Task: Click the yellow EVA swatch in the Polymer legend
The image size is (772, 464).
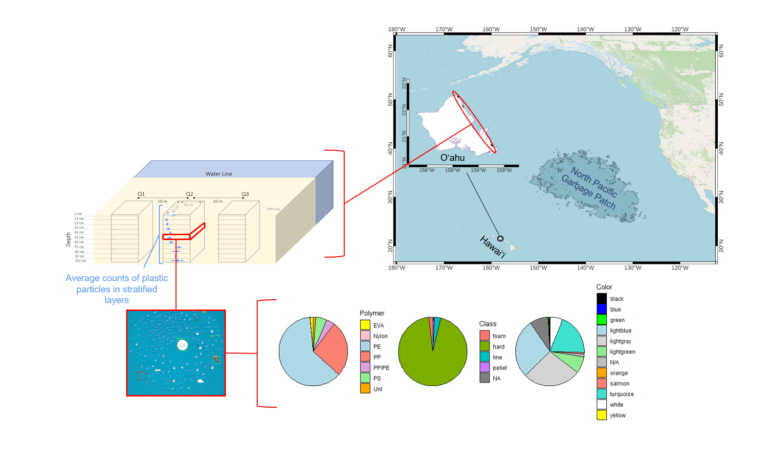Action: coord(365,325)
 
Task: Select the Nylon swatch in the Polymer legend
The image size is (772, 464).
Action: coord(365,335)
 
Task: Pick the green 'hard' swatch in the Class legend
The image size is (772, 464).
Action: coord(485,346)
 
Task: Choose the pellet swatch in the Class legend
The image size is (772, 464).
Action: coord(485,367)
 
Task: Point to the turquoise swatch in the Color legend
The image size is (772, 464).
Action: coord(601,394)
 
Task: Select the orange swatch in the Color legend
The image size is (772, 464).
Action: coord(601,373)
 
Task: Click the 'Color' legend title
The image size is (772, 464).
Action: coord(604,287)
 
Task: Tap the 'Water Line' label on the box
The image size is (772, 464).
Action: coord(219,174)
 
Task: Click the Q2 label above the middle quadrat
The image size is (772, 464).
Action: coord(189,194)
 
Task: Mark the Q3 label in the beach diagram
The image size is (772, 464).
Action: coord(245,194)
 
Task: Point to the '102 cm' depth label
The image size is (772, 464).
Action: coord(80,261)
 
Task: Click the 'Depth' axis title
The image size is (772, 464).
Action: coord(68,239)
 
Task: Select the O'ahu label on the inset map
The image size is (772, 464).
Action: coord(452,158)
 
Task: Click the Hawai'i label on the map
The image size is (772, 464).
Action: coord(492,246)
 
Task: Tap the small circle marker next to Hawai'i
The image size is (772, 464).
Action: coord(500,239)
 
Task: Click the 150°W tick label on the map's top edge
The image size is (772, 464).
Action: coord(538,29)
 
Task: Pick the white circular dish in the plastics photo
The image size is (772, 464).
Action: coord(182,345)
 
